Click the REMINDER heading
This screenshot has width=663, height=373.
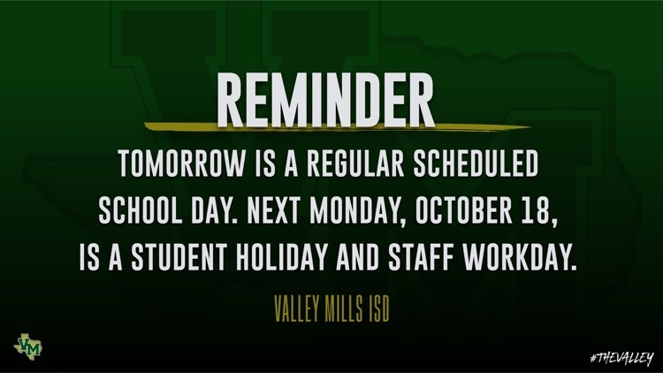325,100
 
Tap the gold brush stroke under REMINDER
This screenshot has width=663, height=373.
336,126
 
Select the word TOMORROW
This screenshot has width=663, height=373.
181,164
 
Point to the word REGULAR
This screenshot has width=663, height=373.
355,164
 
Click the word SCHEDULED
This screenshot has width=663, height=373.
476,164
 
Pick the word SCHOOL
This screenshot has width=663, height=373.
141,210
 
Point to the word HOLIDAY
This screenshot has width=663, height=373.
282,256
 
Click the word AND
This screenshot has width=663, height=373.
358,256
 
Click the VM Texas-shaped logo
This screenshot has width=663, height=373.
28,346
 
